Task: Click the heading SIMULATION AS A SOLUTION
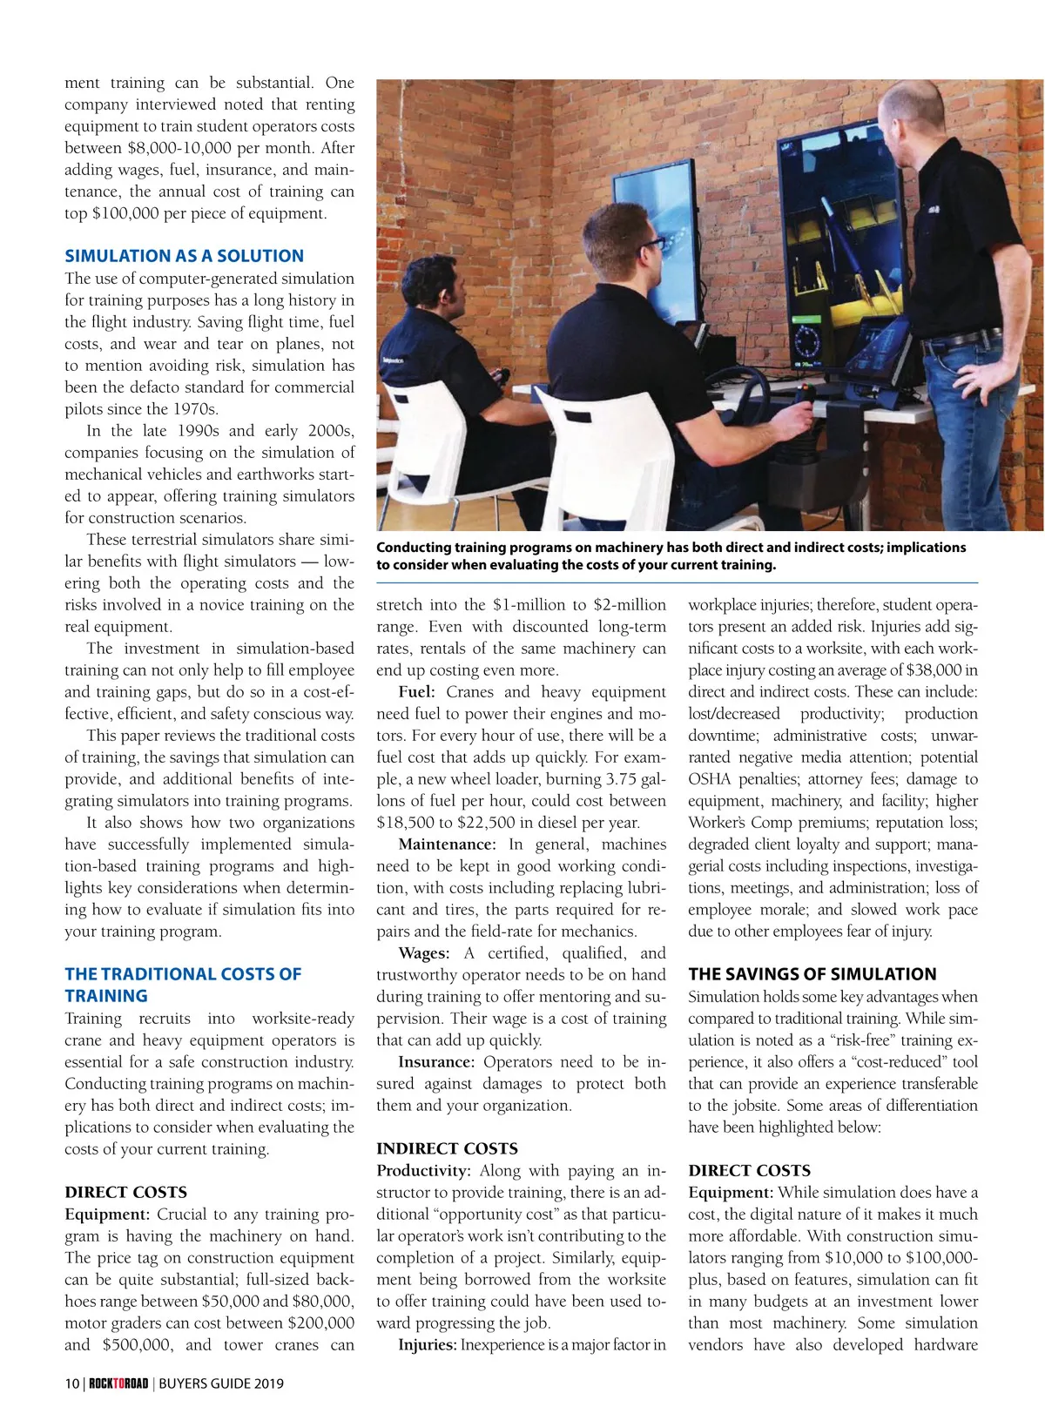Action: click(x=184, y=256)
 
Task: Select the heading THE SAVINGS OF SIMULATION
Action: click(x=812, y=974)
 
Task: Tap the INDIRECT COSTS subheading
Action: click(x=447, y=1148)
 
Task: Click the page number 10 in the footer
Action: click(x=71, y=1383)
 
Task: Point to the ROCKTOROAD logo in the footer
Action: click(x=118, y=1383)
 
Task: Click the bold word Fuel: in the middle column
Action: click(x=416, y=692)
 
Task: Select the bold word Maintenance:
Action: click(x=447, y=845)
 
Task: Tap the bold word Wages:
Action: click(x=423, y=953)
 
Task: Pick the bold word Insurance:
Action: click(x=435, y=1062)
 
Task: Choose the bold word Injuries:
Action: click(x=427, y=1345)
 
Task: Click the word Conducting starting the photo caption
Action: click(x=415, y=548)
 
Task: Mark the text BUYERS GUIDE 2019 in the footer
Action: click(x=221, y=1383)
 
